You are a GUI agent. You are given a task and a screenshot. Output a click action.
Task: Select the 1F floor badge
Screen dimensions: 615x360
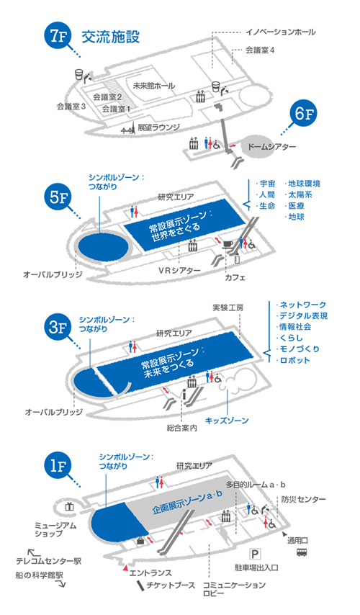pos(58,466)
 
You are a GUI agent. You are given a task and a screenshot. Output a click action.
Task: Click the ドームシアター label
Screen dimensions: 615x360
pos(271,146)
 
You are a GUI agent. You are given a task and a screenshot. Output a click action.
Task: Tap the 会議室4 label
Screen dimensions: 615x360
pos(260,50)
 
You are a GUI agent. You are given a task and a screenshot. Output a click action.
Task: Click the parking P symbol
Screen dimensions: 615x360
pos(254,554)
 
